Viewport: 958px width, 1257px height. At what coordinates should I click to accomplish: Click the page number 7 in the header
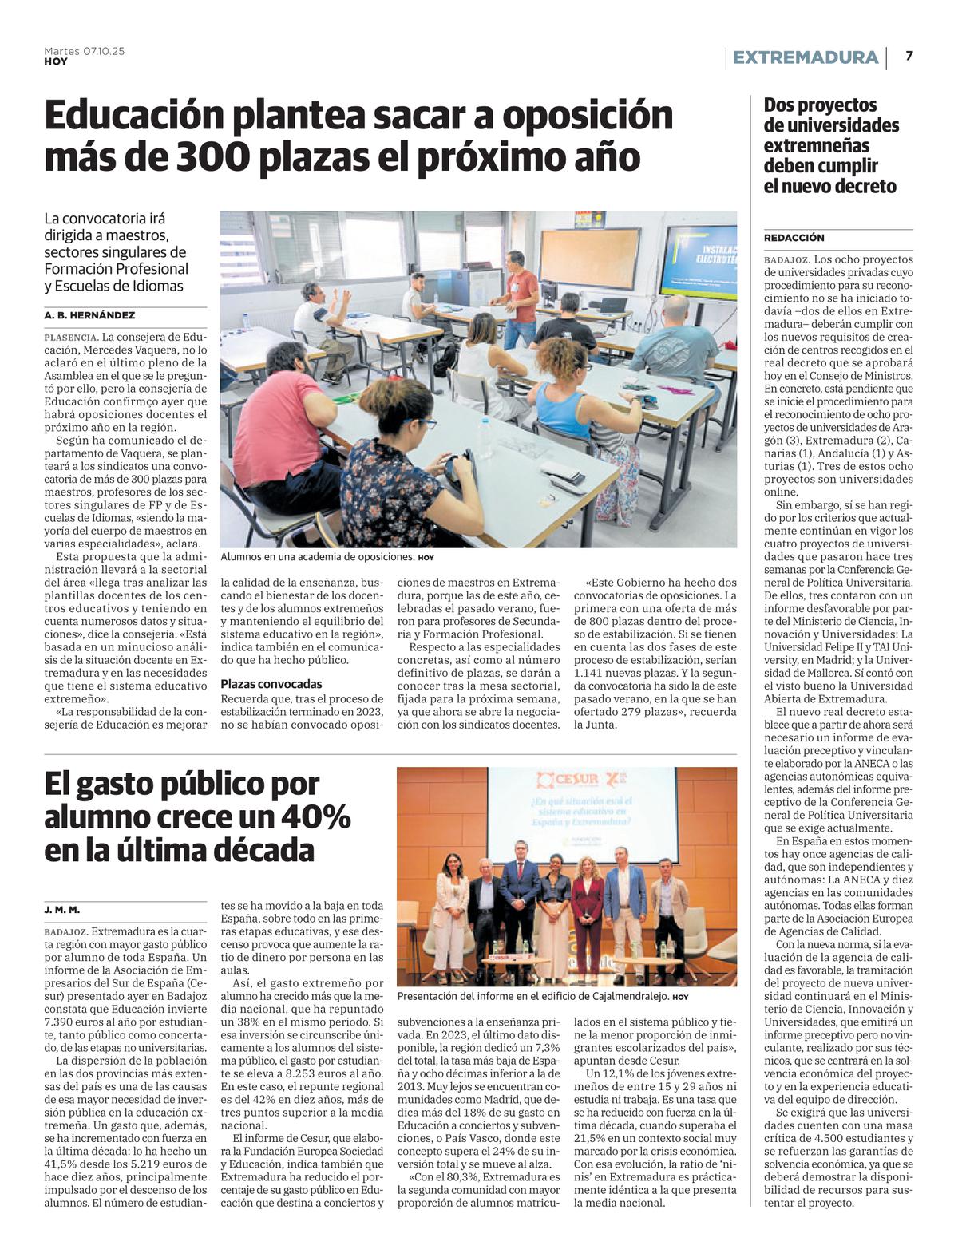tap(909, 56)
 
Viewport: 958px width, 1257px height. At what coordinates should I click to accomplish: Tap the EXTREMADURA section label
tap(805, 57)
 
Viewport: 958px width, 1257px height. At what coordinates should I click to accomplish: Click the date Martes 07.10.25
tap(84, 51)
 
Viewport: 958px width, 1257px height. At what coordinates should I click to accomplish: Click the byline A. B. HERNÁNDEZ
tap(89, 315)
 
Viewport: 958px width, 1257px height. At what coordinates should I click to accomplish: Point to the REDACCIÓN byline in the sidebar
tap(794, 238)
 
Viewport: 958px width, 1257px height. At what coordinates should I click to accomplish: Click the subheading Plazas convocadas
tap(271, 684)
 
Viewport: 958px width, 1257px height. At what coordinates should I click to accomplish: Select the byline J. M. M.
tap(62, 910)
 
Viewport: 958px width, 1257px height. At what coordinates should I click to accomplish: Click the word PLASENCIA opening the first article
tap(71, 337)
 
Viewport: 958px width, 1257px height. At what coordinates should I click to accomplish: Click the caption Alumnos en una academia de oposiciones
tap(317, 557)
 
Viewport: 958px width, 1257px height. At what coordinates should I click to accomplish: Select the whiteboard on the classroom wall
tap(590, 258)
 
